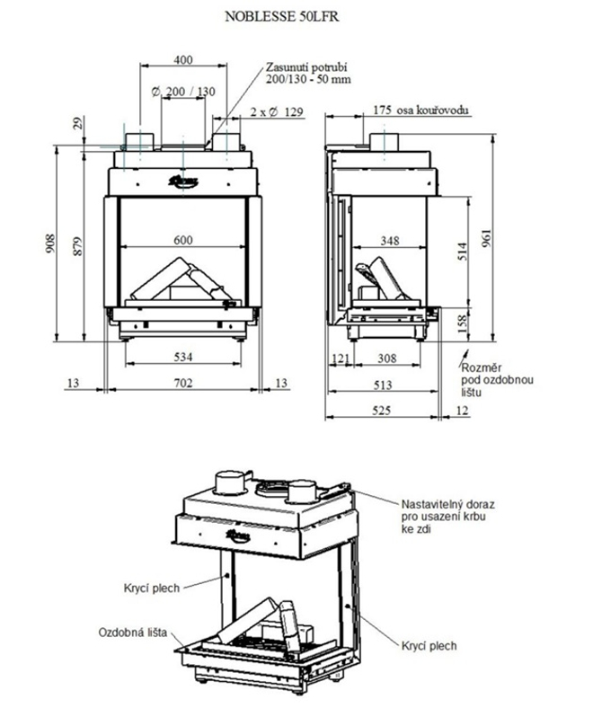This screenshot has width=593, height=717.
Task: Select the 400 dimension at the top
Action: (183, 60)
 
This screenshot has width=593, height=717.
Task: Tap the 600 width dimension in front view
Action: (183, 239)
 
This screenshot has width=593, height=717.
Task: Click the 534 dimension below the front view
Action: (183, 357)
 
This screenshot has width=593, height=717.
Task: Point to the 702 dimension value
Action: (183, 384)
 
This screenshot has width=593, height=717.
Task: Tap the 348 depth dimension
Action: (389, 241)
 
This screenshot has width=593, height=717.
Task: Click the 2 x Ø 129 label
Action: (275, 112)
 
